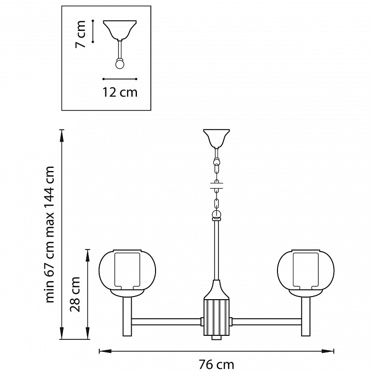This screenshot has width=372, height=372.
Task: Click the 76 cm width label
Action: [x=216, y=364]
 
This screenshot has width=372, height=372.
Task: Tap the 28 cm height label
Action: [x=75, y=294]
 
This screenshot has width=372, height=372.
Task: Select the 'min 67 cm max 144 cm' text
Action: [x=50, y=235]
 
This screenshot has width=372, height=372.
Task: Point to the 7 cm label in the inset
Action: [x=80, y=34]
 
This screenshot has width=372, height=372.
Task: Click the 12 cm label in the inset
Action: [x=120, y=92]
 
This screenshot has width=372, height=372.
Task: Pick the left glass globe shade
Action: [x=127, y=271]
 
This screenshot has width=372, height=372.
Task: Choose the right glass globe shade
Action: [x=306, y=271]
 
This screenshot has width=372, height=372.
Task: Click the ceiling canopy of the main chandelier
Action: [x=216, y=138]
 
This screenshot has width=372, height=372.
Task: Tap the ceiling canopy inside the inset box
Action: [x=120, y=30]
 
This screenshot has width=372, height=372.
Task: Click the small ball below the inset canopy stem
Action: [x=120, y=64]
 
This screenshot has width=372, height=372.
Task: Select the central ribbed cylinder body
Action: [x=216, y=317]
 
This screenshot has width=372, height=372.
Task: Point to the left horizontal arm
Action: [x=166, y=322]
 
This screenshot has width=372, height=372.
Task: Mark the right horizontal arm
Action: [x=267, y=322]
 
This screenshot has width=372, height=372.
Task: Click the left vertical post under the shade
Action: [x=127, y=317]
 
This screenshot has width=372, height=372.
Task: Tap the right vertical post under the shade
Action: [x=306, y=317]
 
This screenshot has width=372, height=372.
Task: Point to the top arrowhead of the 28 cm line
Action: [x=88, y=256]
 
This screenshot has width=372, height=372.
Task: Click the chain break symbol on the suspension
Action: [x=216, y=186]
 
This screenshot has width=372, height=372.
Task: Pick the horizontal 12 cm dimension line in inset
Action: [x=120, y=79]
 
